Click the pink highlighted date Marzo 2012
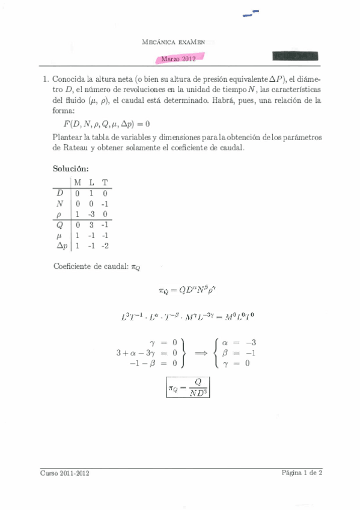tap(181, 58)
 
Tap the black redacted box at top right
tap(296, 57)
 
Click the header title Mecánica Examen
tap(180, 42)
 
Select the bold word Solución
tap(71, 169)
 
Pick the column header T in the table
tap(105, 182)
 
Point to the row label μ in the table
tap(59, 235)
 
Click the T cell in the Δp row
tap(105, 245)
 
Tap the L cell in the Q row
tap(91, 225)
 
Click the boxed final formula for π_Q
tap(188, 389)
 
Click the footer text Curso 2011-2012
tap(66, 473)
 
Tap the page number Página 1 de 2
tap(302, 473)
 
